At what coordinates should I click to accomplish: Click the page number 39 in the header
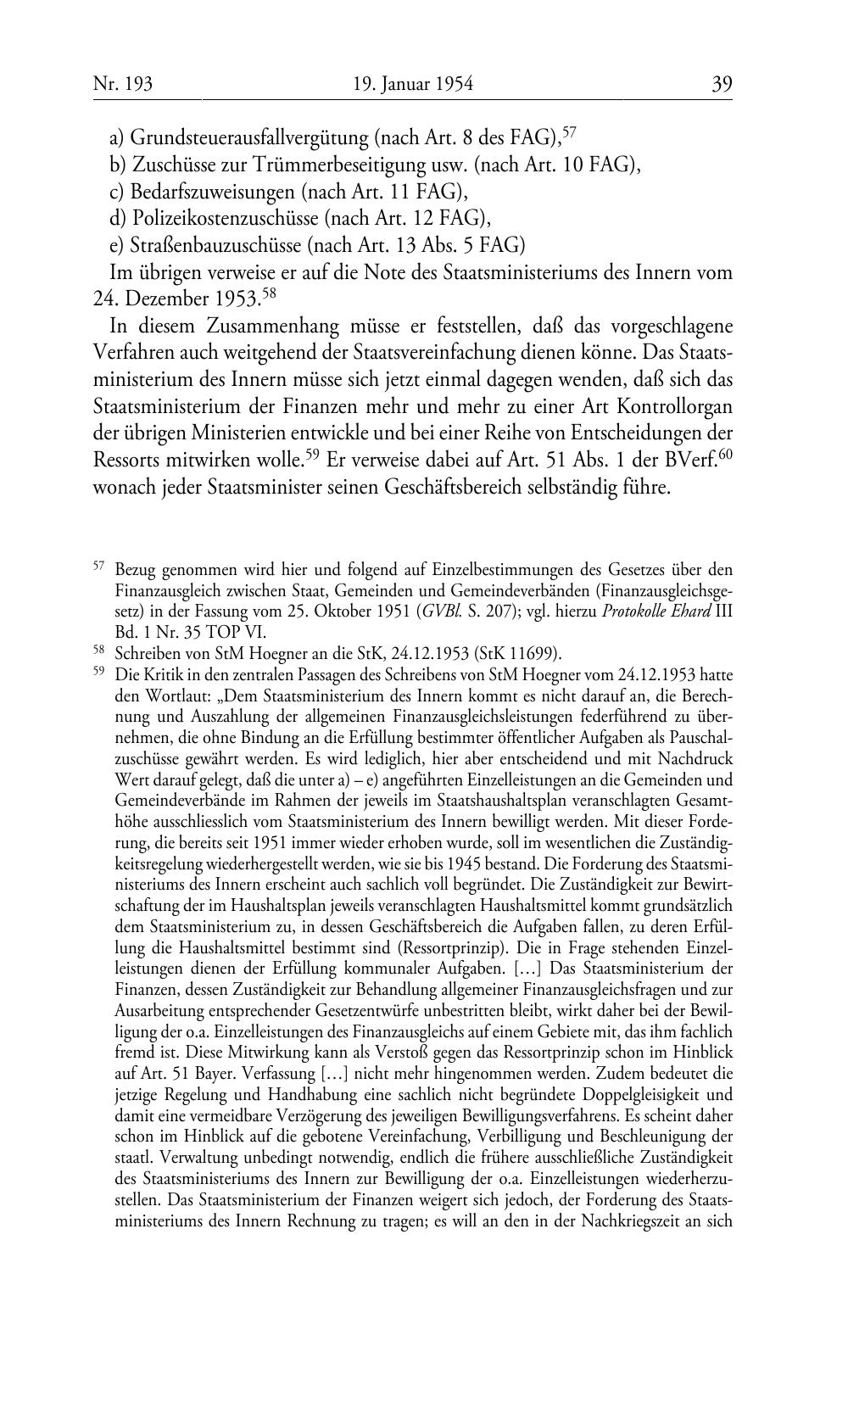[722, 84]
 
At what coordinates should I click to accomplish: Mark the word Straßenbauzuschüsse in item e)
[215, 246]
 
